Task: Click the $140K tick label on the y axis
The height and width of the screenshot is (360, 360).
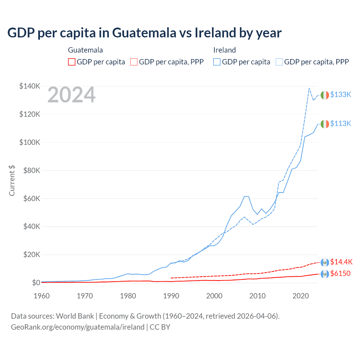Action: [x=30, y=86]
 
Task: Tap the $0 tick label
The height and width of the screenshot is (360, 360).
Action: [x=36, y=283]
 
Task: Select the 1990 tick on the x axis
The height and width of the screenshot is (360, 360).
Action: [x=171, y=296]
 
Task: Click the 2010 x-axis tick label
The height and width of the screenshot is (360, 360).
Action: [x=257, y=296]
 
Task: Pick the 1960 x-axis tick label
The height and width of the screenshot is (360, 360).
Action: [x=42, y=296]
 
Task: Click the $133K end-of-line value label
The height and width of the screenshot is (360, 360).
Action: [x=341, y=94]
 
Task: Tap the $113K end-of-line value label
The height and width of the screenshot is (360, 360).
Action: [x=341, y=123]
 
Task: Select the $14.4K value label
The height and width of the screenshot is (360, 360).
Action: [x=341, y=262]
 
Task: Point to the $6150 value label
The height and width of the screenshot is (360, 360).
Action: [x=340, y=273]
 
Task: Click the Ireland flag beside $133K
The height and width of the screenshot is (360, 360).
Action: [x=325, y=95]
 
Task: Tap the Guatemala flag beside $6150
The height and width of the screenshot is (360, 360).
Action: [x=325, y=274]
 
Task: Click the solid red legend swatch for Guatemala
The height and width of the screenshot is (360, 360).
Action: [x=72, y=62]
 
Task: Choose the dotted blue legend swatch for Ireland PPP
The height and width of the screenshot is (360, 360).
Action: [x=279, y=62]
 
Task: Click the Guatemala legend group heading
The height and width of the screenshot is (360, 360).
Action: [x=85, y=50]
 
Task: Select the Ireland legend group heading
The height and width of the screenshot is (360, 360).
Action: [x=224, y=50]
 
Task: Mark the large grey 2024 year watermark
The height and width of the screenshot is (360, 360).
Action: [x=71, y=95]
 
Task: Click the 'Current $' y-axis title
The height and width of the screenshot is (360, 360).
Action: [x=12, y=180]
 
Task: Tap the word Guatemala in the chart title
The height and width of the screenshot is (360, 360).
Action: [x=144, y=33]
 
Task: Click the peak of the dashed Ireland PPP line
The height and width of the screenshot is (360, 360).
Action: [x=309, y=88]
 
